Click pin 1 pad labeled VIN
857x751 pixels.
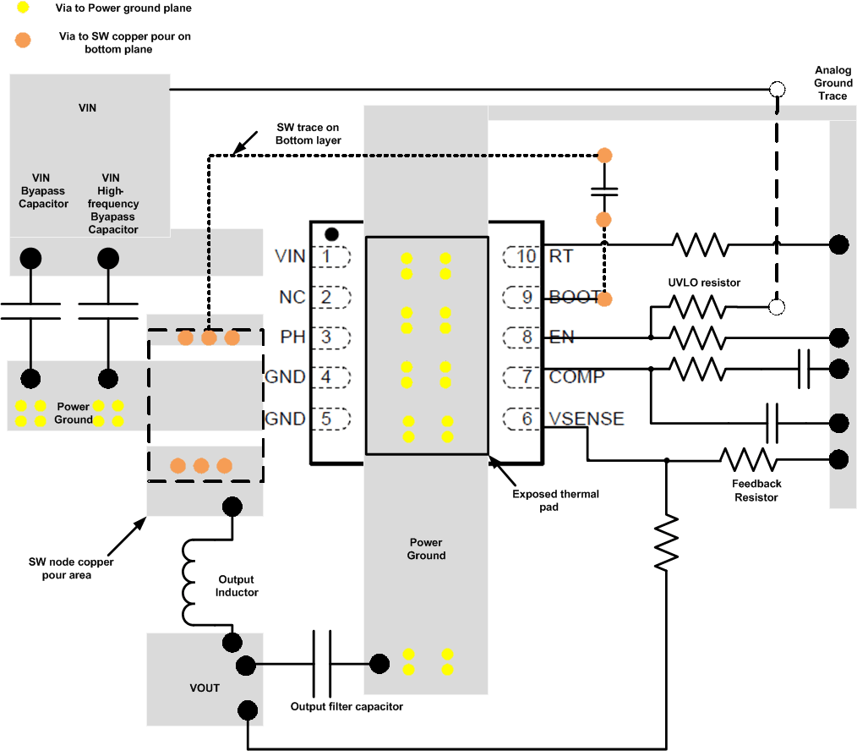pyautogui.click(x=330, y=256)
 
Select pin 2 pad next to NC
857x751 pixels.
pyautogui.click(x=330, y=297)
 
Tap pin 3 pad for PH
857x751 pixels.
pyautogui.click(x=330, y=337)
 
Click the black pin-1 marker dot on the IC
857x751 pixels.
pyautogui.click(x=332, y=233)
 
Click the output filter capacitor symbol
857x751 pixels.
pyautogui.click(x=322, y=662)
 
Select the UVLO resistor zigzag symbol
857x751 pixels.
pyautogui.click(x=698, y=306)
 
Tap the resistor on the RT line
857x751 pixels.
pyautogui.click(x=700, y=244)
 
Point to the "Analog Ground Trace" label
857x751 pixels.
pyautogui.click(x=832, y=83)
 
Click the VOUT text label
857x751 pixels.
pyautogui.click(x=205, y=688)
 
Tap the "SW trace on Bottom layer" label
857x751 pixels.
pyautogui.click(x=308, y=134)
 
